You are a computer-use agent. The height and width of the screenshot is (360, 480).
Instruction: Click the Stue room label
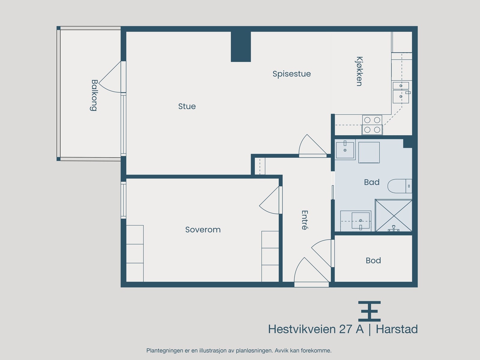[x=187, y=106]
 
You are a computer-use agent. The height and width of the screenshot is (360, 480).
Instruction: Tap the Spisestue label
[x=292, y=74]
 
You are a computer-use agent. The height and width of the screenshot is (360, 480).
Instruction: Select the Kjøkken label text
[x=359, y=71]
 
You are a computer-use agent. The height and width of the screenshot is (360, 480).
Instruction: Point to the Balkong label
[x=94, y=95]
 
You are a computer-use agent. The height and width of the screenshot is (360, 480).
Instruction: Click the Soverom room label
[x=203, y=229]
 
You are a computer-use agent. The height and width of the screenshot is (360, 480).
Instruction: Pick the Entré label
[x=305, y=220]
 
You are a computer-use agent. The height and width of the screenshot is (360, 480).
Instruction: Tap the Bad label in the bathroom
[x=372, y=182]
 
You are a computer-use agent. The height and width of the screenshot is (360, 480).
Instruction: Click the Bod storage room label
[x=373, y=260]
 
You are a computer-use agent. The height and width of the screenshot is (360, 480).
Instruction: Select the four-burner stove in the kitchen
[x=372, y=125]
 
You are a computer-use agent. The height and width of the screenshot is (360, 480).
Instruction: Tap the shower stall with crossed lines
[x=393, y=215]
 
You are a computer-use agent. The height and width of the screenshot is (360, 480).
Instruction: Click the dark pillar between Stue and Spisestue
[x=241, y=46]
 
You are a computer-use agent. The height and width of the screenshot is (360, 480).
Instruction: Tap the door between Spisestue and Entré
[x=312, y=146]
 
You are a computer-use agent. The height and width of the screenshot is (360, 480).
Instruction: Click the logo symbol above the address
[x=369, y=311]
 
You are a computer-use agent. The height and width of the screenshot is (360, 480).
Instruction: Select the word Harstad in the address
[x=397, y=329]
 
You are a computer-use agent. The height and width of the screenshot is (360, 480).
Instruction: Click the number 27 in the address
[x=346, y=329]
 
